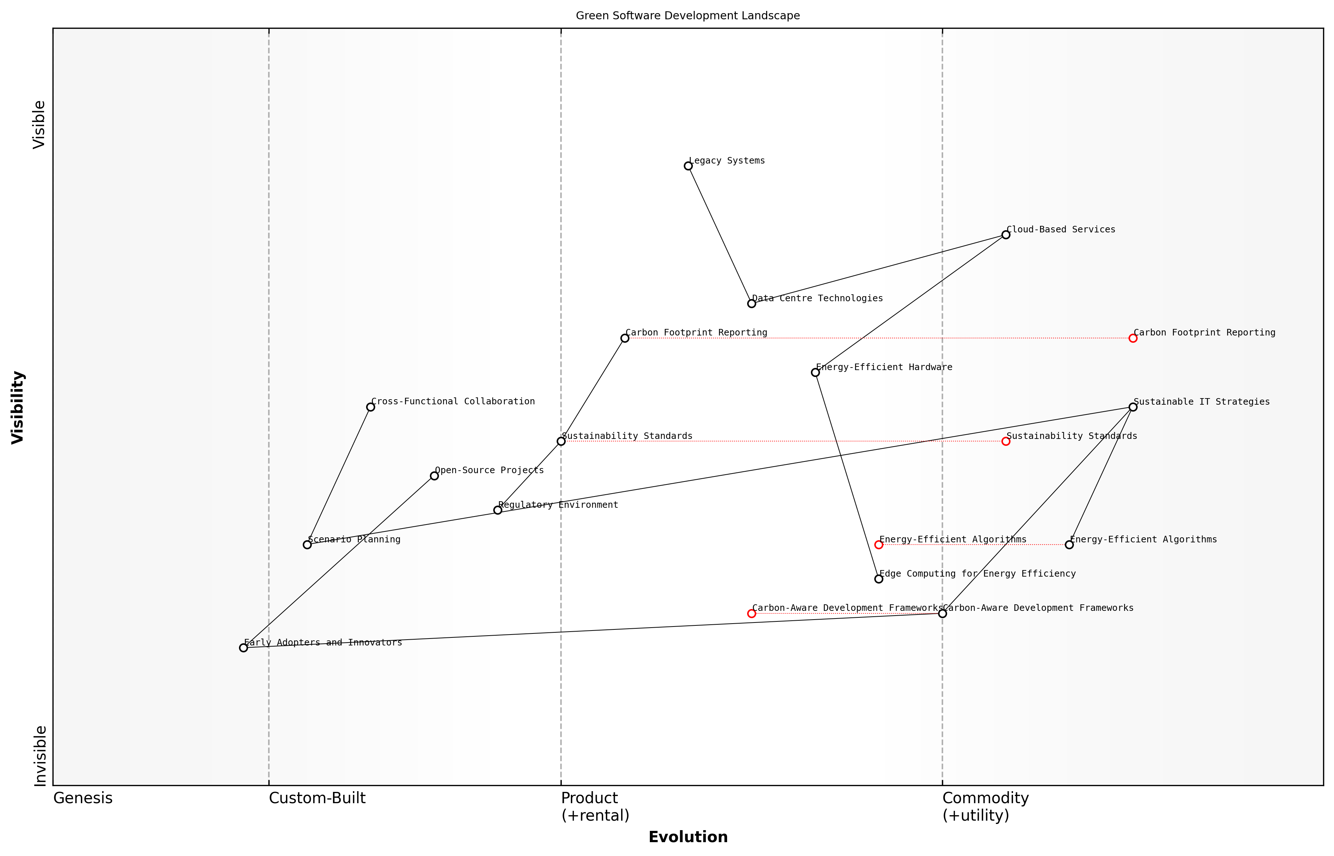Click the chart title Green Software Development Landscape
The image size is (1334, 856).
[687, 16]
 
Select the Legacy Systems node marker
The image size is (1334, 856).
[688, 166]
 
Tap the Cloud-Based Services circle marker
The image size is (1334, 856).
[1005, 235]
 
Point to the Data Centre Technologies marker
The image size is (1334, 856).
[752, 303]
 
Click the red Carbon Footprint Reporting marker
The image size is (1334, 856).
[1133, 338]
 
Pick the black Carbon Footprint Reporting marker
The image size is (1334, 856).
[625, 338]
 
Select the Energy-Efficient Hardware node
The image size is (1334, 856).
[815, 372]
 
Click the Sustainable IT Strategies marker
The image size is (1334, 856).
[1133, 407]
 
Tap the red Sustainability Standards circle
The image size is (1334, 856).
[1005, 441]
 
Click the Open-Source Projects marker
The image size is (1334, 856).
[434, 476]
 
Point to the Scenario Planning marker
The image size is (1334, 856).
[307, 545]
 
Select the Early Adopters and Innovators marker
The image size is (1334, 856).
[243, 648]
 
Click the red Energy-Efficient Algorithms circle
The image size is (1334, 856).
[879, 545]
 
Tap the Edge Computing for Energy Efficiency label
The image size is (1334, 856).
[977, 574]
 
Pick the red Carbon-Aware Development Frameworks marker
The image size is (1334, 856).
[752, 614]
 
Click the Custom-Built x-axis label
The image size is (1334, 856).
[317, 798]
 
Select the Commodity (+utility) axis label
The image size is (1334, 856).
[985, 806]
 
